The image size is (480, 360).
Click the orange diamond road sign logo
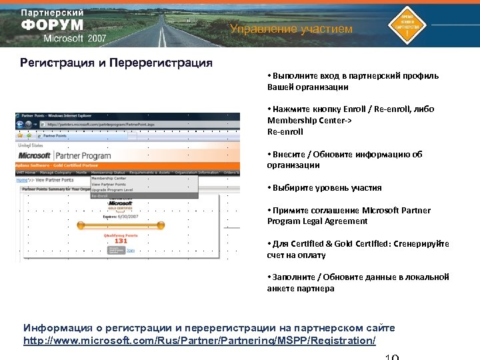pyautogui.click(x=408, y=25)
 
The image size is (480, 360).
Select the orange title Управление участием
pyautogui.click(x=291, y=29)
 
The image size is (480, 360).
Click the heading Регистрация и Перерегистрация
pyautogui.click(x=116, y=63)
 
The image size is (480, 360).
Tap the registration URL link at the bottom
pyautogui.click(x=199, y=341)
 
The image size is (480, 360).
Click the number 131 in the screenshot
pyautogui.click(x=120, y=241)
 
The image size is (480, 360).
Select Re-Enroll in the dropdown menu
pyautogui.click(x=100, y=196)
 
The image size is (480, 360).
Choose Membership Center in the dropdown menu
pyautogui.click(x=109, y=178)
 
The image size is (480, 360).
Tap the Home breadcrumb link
pyautogui.click(x=22, y=180)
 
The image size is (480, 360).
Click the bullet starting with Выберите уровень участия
pyautogui.click(x=324, y=188)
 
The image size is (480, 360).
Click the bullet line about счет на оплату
pyautogui.click(x=296, y=255)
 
